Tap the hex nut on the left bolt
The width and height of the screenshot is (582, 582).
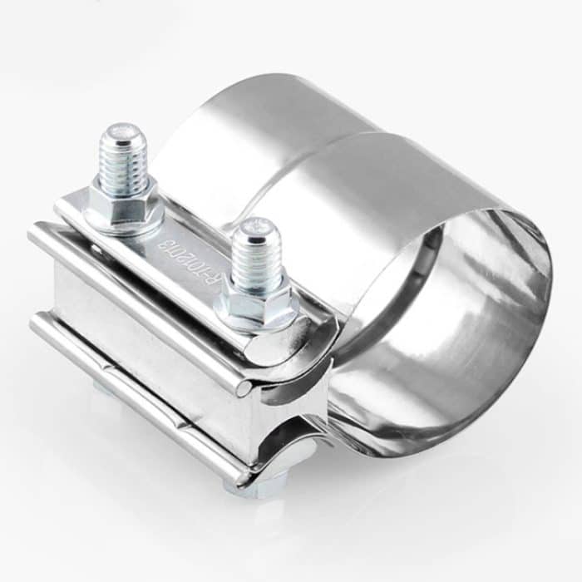[123, 204]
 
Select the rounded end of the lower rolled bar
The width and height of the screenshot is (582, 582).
[241, 478]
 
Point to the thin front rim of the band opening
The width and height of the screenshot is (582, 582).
[545, 274]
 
